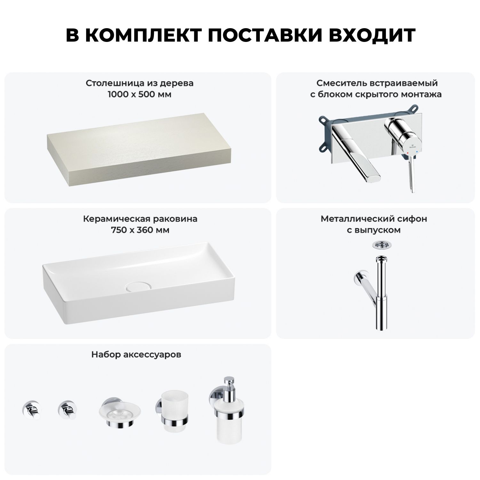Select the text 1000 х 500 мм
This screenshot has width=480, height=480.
point(140,94)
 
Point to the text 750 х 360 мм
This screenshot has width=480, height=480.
point(140,230)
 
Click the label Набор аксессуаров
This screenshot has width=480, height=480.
point(136,355)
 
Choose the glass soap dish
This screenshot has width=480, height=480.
point(120,413)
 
